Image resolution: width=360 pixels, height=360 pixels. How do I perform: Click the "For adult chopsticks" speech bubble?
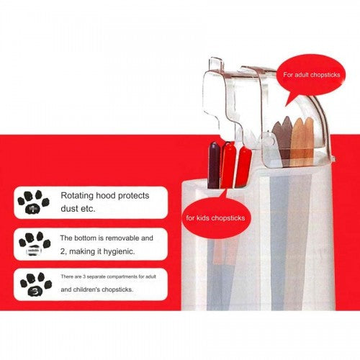[311, 75]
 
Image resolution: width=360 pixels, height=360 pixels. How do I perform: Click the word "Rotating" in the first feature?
[77, 196]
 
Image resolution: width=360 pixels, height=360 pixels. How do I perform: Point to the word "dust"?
[69, 208]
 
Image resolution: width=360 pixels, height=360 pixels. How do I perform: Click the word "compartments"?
[122, 276]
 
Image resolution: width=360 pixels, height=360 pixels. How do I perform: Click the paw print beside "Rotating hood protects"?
[33, 202]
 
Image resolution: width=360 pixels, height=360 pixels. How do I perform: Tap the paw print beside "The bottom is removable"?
[35, 243]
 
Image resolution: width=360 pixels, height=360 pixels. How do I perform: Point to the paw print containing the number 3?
[36, 284]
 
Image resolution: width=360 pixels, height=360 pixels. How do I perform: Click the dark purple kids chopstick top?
[214, 165]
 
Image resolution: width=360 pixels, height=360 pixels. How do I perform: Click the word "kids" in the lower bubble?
[203, 218]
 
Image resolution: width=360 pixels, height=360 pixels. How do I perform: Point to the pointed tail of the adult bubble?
[286, 106]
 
